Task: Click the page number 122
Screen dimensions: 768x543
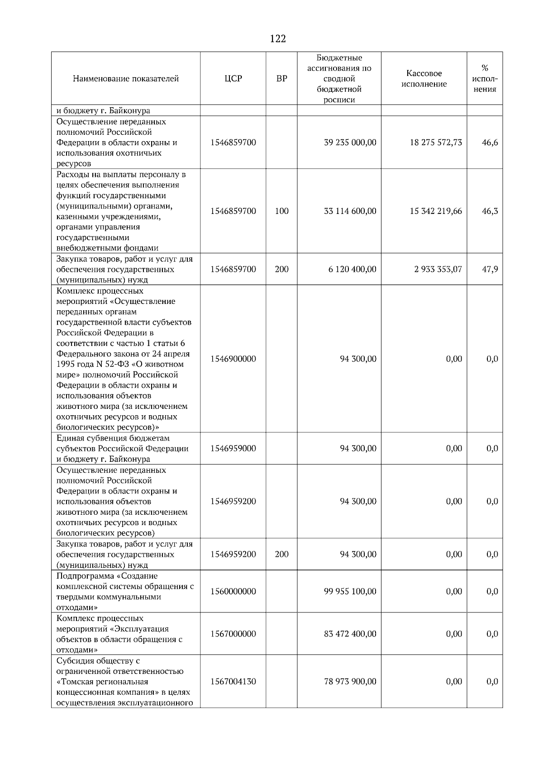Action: pyautogui.click(x=278, y=39)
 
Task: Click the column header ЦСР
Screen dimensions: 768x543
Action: pyautogui.click(x=233, y=79)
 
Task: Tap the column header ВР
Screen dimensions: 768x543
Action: pyautogui.click(x=281, y=79)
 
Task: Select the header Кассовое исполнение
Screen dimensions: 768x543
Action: pyautogui.click(x=424, y=79)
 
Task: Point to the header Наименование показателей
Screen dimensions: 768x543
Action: pyautogui.click(x=126, y=79)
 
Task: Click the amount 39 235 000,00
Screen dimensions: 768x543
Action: pyautogui.click(x=350, y=142)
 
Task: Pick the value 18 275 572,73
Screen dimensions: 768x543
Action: pyautogui.click(x=436, y=142)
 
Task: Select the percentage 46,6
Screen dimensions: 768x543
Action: pyautogui.click(x=490, y=142)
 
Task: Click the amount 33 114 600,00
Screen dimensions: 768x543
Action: pyautogui.click(x=350, y=211)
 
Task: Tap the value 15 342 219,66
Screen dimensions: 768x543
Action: pyautogui.click(x=436, y=211)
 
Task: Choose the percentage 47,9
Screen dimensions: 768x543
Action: pyautogui.click(x=490, y=269)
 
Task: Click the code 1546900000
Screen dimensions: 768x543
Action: pyautogui.click(x=233, y=359)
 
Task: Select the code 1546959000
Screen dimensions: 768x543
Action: pyautogui.click(x=233, y=448)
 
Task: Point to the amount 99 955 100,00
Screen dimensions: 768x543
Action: pyautogui.click(x=350, y=591)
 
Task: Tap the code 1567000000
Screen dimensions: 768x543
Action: pyautogui.click(x=233, y=634)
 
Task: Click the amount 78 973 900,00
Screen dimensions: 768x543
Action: pyautogui.click(x=350, y=682)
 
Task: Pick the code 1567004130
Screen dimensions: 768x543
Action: pyautogui.click(x=233, y=682)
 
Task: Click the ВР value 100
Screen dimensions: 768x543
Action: pyautogui.click(x=281, y=211)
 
